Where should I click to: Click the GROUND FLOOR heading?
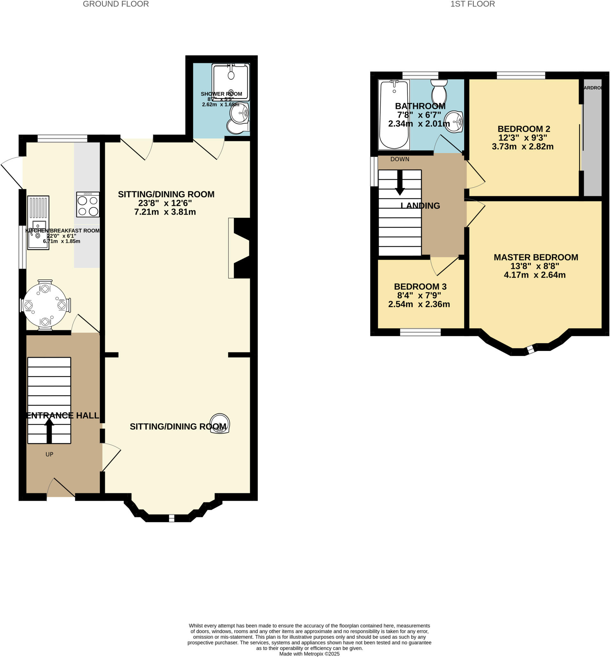click(116, 4)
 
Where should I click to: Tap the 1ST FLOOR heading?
click(472, 4)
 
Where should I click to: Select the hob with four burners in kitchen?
click(88, 205)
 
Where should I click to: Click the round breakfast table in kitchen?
click(45, 305)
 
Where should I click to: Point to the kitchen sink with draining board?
click(38, 222)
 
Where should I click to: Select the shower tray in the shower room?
click(231, 82)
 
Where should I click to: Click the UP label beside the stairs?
click(49, 454)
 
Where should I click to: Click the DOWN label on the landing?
click(400, 159)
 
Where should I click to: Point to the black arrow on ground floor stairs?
click(49, 430)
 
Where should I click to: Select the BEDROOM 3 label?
click(420, 286)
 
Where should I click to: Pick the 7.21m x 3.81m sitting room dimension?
click(165, 212)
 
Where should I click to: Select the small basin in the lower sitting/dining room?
click(220, 423)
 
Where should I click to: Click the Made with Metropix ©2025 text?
click(309, 654)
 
